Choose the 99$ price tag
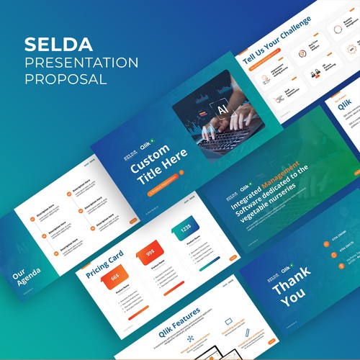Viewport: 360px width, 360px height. [152, 254]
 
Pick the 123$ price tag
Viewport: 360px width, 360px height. [186, 229]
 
